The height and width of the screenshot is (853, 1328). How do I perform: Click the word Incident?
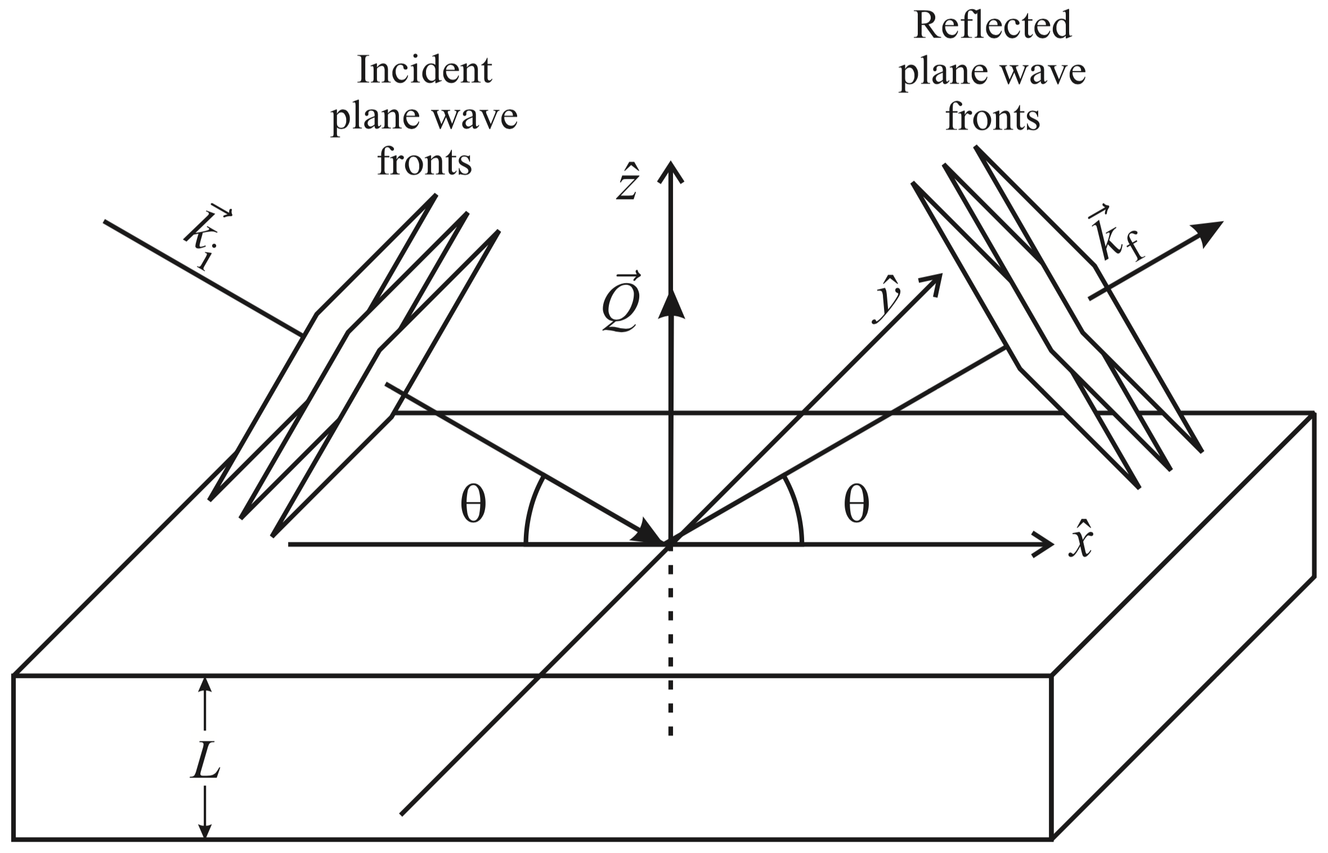(424, 70)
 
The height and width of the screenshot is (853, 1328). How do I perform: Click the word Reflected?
(993, 25)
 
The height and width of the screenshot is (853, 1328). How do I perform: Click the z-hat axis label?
(626, 183)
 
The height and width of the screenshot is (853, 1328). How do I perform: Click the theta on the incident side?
(473, 505)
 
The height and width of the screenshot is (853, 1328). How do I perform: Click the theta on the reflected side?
(856, 505)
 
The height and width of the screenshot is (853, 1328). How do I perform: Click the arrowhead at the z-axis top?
(670, 170)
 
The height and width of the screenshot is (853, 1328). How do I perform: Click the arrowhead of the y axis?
(932, 282)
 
